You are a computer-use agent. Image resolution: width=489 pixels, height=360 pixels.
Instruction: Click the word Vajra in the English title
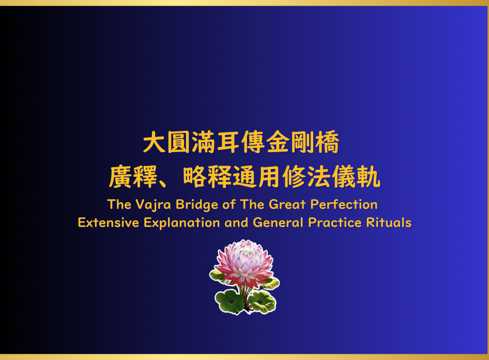(153, 205)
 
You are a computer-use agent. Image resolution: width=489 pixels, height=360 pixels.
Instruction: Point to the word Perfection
(344, 205)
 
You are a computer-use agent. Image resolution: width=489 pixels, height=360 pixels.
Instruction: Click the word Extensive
(108, 223)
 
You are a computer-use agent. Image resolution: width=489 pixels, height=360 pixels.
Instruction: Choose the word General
(278, 223)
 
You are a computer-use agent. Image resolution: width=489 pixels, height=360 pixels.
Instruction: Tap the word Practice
(334, 223)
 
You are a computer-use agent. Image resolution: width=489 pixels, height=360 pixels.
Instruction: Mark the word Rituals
(389, 223)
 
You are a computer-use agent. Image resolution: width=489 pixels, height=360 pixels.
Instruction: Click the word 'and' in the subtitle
(236, 223)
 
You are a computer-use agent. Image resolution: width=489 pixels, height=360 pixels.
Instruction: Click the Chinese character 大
(154, 142)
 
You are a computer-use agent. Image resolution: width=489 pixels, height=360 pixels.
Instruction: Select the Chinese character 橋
(327, 142)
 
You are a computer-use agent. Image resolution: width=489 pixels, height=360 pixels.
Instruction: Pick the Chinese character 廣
(120, 176)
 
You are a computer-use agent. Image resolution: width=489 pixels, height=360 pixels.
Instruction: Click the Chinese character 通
(244, 176)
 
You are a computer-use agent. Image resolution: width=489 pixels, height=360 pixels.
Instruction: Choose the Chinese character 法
(319, 176)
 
